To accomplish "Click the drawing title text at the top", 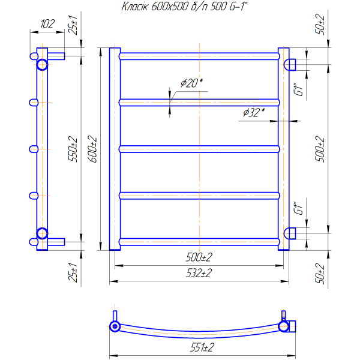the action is tap(184, 7).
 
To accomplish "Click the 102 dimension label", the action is tap(47, 24).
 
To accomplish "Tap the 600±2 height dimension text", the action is tap(94, 149).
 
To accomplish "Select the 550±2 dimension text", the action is tap(73, 149).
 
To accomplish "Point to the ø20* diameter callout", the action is tap(192, 83).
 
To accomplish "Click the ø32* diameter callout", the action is tap(254, 112).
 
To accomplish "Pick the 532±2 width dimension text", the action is tap(199, 273).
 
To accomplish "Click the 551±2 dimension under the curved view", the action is tap(202, 347).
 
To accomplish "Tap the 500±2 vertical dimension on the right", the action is tap(320, 149).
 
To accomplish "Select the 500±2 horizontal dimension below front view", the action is tap(199, 257).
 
